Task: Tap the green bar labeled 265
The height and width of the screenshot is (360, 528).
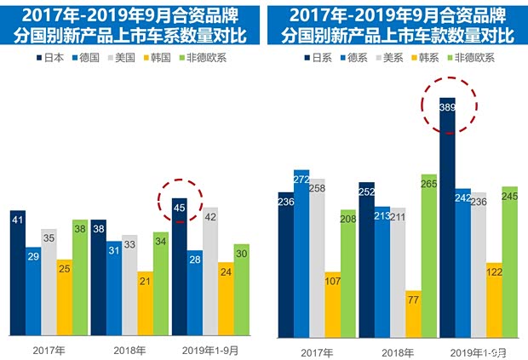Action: (428, 255)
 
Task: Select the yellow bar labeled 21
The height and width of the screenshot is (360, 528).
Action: (146, 302)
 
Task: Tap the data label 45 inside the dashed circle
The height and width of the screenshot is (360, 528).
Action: (179, 204)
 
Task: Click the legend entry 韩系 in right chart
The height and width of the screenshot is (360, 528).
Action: (429, 58)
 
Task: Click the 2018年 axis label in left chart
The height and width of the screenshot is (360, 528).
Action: (130, 348)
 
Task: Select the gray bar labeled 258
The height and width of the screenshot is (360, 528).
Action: (317, 256)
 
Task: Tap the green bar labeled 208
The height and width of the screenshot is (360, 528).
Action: (348, 272)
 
